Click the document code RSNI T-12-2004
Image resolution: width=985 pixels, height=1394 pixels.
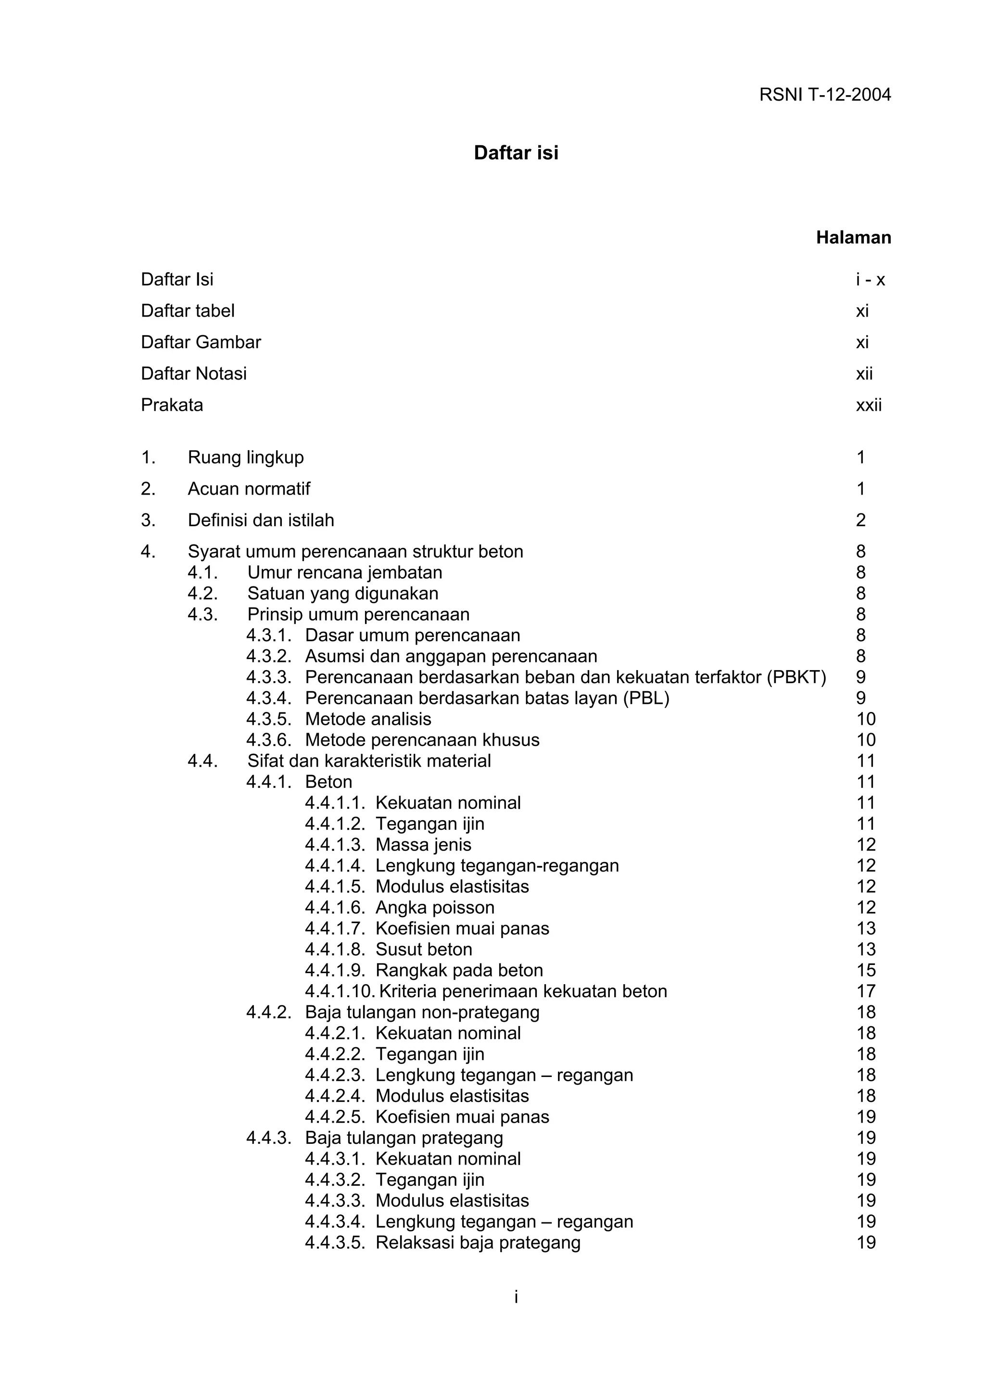[x=825, y=95]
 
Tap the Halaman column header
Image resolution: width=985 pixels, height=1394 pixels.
[x=853, y=238]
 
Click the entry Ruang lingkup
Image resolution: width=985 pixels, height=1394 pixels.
[x=245, y=457]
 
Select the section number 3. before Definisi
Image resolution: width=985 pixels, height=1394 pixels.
[x=148, y=520]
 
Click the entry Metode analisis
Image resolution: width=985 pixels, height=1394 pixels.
[x=368, y=719]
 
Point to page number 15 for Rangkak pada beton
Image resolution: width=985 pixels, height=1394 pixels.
[x=865, y=970]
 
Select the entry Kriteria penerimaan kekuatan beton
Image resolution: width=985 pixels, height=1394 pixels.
[x=522, y=991]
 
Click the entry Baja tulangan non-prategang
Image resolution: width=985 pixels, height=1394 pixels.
[x=422, y=1012]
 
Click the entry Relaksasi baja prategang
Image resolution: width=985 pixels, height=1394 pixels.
[x=478, y=1242]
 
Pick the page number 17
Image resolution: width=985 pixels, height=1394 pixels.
[x=865, y=991]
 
